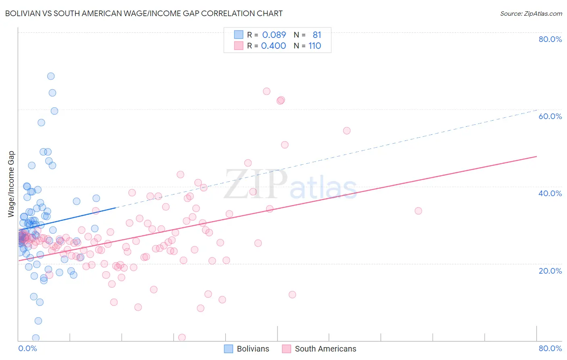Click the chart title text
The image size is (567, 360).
[144, 13]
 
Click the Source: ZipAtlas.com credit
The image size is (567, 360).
[531, 13]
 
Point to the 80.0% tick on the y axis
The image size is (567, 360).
[550, 39]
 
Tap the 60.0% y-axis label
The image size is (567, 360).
[550, 116]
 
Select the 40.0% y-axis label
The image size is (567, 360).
[550, 193]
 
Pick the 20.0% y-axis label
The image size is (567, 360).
[550, 271]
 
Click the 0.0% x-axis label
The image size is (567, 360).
[27, 348]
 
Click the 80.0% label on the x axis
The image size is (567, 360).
[550, 348]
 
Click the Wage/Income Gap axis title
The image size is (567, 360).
[11, 184]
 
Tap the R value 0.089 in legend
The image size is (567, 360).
[274, 35]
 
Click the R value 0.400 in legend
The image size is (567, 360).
[273, 46]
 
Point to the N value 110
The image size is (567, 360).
[315, 46]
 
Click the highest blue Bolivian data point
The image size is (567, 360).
[51, 76]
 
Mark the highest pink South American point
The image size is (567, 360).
[267, 91]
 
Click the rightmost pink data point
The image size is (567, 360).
[418, 211]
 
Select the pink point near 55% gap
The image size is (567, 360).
[347, 130]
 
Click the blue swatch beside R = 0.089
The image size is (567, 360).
[239, 35]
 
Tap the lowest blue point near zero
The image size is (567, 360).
[36, 338]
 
